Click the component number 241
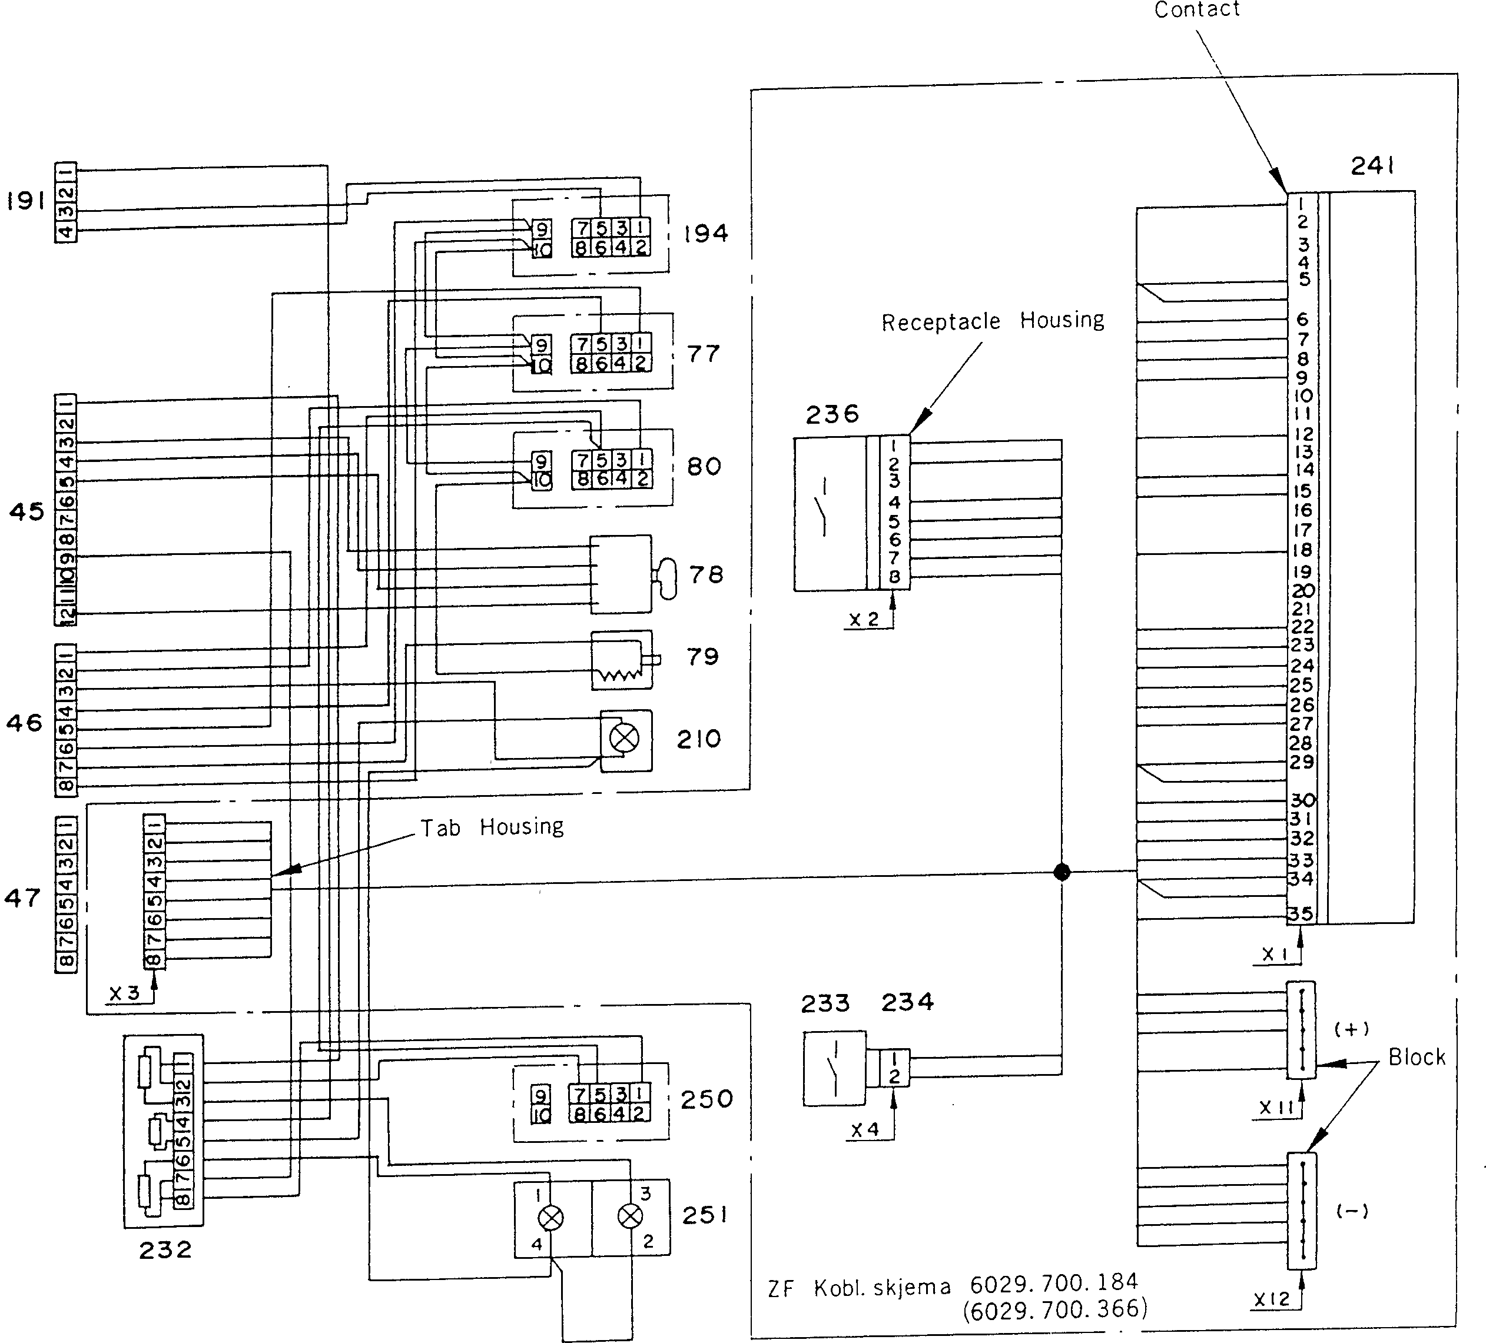pyautogui.click(x=1372, y=167)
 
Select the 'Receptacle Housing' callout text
pyautogui.click(x=992, y=321)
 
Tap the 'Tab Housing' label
pyautogui.click(x=492, y=827)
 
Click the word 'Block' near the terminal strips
pyautogui.click(x=1416, y=1057)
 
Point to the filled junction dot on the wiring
pyautogui.click(x=1062, y=872)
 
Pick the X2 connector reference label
pyautogui.click(x=864, y=620)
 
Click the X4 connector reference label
pyautogui.click(x=865, y=1129)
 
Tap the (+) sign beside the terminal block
pyautogui.click(x=1352, y=1029)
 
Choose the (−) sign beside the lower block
pyautogui.click(x=1352, y=1211)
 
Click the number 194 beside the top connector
pyautogui.click(x=705, y=234)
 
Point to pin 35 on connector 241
pyautogui.click(x=1300, y=914)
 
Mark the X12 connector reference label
pyautogui.click(x=1272, y=1299)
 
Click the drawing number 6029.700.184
pyautogui.click(x=1054, y=1282)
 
